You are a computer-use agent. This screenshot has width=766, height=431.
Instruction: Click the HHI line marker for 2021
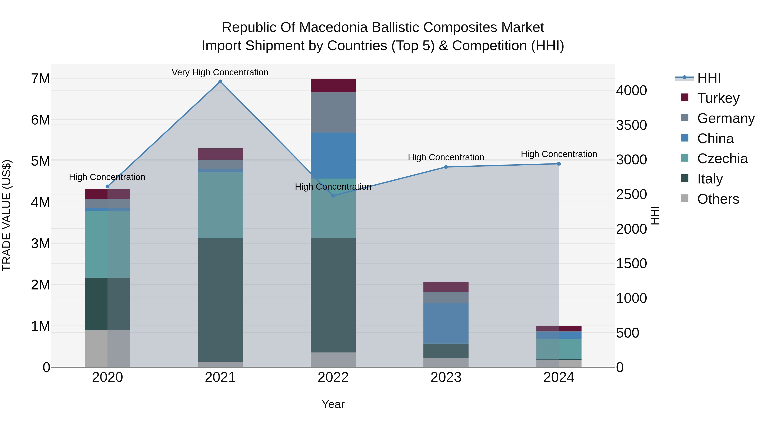(x=220, y=82)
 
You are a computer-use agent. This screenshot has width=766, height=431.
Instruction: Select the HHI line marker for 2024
(x=559, y=164)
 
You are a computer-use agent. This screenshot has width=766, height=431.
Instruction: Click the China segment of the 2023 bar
(x=446, y=323)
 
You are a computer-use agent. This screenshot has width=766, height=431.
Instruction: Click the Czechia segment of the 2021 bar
(x=220, y=205)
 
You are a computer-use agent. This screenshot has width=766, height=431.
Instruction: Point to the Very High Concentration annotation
(x=220, y=72)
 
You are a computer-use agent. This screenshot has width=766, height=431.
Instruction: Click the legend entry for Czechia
(x=722, y=159)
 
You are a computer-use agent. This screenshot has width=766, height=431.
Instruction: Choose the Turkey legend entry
(x=718, y=98)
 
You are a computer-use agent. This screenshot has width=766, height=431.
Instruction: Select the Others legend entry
(x=718, y=199)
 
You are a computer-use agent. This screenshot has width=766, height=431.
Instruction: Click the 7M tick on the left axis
(x=41, y=79)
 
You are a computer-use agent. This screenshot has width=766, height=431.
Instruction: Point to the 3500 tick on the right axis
(x=631, y=125)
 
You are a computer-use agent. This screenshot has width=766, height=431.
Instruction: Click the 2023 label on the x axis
(x=446, y=377)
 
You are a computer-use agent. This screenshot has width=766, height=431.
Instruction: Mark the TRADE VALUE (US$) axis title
(x=7, y=215)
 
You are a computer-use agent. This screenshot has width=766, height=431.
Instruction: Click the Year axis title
(x=333, y=404)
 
